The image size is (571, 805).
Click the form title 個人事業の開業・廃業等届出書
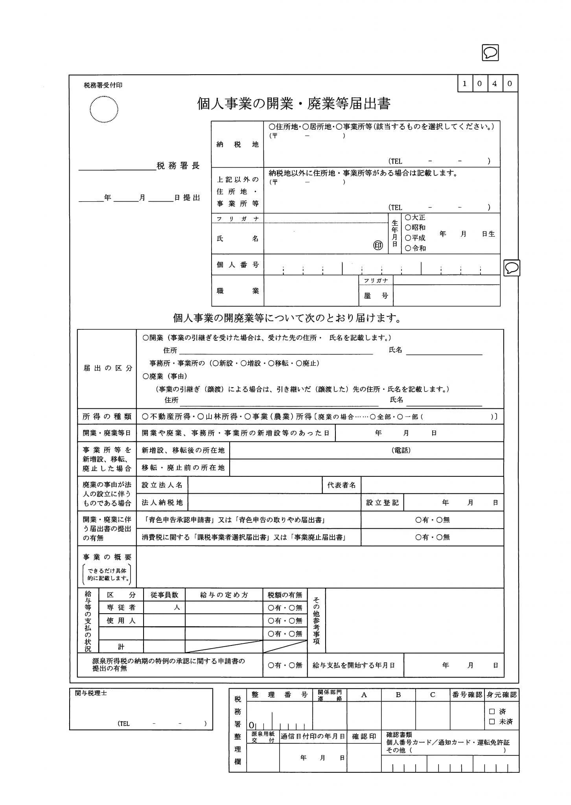click(293, 104)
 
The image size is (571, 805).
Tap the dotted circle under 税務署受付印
click(104, 109)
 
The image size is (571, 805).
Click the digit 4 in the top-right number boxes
click(495, 83)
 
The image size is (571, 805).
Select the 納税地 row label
click(237, 145)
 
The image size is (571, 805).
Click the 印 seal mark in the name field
click(378, 245)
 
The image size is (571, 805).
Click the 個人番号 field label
click(238, 265)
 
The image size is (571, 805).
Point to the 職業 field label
click(238, 291)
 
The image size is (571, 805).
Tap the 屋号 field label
click(376, 296)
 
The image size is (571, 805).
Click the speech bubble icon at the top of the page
click(490, 53)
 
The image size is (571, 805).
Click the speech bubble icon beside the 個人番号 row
click(512, 268)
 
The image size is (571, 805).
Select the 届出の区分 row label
click(107, 368)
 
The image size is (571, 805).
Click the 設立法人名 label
click(162, 485)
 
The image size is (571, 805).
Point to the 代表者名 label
click(341, 485)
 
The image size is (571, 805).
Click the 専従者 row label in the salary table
click(121, 607)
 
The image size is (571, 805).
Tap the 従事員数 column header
click(164, 595)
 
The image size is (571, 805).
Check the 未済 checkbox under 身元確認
click(492, 722)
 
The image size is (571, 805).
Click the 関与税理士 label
click(91, 693)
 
